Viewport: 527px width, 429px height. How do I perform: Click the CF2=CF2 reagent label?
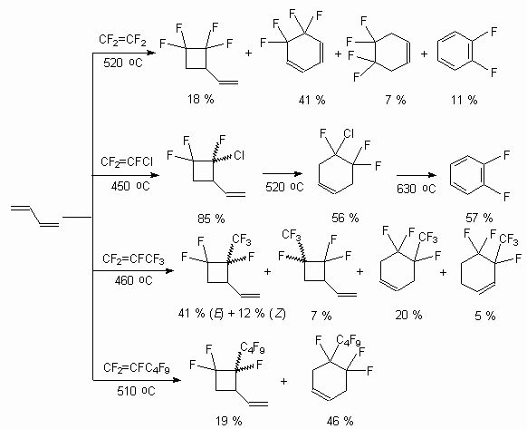pyautogui.click(x=122, y=40)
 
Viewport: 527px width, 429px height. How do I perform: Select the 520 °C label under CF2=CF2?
pyautogui.click(x=123, y=63)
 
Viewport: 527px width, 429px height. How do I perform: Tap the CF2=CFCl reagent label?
pyautogui.click(x=127, y=162)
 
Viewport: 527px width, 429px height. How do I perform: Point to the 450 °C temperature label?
pyautogui.click(x=130, y=186)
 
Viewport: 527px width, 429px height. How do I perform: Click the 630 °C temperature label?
pyautogui.click(x=417, y=189)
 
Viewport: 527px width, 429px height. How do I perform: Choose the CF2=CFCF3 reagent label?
pyautogui.click(x=133, y=259)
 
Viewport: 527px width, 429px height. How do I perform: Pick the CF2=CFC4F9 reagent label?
pyautogui.click(x=137, y=368)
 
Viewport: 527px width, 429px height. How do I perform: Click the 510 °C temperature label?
pyautogui.click(x=136, y=391)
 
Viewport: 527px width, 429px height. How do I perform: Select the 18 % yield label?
pyautogui.click(x=201, y=99)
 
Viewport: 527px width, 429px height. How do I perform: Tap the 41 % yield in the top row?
pyautogui.click(x=311, y=100)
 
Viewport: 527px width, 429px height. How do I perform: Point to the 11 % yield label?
pyautogui.click(x=465, y=100)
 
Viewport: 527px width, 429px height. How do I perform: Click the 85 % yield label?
pyautogui.click(x=211, y=219)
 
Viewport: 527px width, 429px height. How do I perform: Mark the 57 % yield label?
pyautogui.click(x=479, y=218)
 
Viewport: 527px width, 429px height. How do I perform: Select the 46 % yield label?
pyautogui.click(x=340, y=421)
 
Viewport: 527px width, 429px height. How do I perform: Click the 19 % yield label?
pyautogui.click(x=229, y=421)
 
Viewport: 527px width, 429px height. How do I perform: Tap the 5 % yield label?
pyautogui.click(x=485, y=316)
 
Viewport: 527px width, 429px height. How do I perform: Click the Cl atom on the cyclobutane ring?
pyautogui.click(x=239, y=156)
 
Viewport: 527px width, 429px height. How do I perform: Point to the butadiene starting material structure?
pyautogui.click(x=35, y=215)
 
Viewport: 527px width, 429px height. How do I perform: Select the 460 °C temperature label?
pyautogui.click(x=133, y=280)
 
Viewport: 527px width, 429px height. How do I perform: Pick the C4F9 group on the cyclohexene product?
pyautogui.click(x=349, y=340)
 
